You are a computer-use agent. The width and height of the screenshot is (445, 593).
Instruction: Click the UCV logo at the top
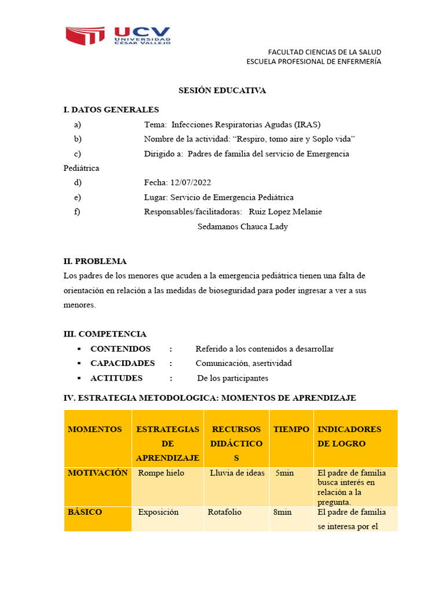pyautogui.click(x=118, y=36)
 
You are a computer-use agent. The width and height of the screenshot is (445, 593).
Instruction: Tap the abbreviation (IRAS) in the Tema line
pyautogui.click(x=307, y=125)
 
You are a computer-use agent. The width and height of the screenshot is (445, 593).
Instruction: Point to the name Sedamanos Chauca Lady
pyautogui.click(x=242, y=226)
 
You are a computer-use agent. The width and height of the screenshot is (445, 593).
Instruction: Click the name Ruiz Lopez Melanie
pyautogui.click(x=285, y=212)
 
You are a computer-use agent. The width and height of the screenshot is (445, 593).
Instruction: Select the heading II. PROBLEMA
pyautogui.click(x=95, y=261)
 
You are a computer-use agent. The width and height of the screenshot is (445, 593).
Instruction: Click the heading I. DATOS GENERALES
pyautogui.click(x=111, y=110)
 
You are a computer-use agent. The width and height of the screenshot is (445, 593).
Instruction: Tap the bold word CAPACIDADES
pyautogui.click(x=122, y=364)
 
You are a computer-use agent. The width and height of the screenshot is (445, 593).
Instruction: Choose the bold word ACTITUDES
pyautogui.click(x=116, y=378)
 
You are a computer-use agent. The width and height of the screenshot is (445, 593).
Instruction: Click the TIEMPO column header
pyautogui.click(x=291, y=430)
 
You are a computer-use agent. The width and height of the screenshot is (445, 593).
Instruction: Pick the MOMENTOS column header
pyautogui.click(x=95, y=430)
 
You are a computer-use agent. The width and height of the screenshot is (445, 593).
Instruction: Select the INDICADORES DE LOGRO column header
pyautogui.click(x=349, y=437)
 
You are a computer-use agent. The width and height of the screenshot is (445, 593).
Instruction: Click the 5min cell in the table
pyautogui.click(x=284, y=473)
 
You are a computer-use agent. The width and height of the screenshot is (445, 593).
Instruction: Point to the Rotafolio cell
pyautogui.click(x=225, y=513)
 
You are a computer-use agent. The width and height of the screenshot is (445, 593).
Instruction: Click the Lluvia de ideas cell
pyautogui.click(x=237, y=473)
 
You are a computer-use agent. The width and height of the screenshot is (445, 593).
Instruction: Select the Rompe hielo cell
pyautogui.click(x=161, y=473)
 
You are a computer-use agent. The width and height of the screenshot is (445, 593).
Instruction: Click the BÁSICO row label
pyautogui.click(x=85, y=513)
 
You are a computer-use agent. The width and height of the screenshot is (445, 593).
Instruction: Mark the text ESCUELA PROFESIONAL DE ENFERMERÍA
pyautogui.click(x=313, y=62)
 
